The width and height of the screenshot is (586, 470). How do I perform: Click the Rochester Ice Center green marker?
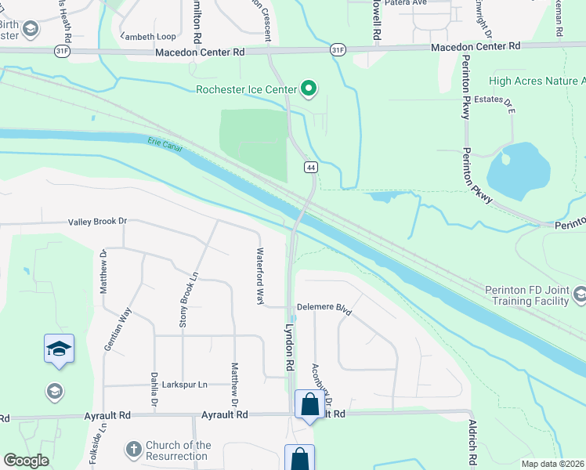click(309, 89)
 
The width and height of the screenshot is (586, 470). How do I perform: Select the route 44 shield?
click(311, 168)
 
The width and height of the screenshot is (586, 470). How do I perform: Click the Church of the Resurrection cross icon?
click(134, 450)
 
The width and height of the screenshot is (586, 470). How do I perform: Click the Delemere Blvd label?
click(324, 309)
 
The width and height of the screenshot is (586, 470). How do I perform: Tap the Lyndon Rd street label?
click(289, 348)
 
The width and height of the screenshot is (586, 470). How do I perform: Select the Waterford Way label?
click(261, 276)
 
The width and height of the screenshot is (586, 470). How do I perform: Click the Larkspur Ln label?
click(185, 385)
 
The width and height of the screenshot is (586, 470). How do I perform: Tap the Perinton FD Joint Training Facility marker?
click(579, 295)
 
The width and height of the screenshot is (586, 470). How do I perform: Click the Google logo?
click(26, 461)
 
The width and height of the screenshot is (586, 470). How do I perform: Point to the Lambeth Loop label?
click(148, 37)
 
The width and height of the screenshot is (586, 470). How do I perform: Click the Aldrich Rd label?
click(472, 443)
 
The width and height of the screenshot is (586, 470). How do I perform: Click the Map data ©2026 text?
click(553, 464)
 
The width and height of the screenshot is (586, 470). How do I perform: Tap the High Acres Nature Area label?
click(537, 81)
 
